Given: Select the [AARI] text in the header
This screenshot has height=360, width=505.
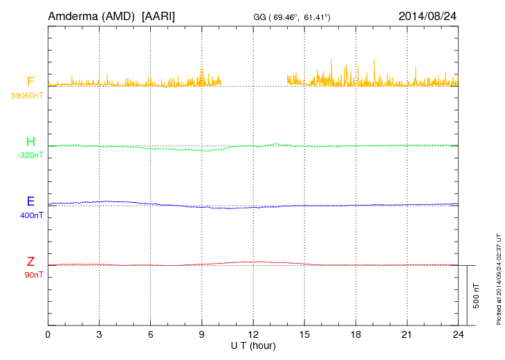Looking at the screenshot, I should (x=158, y=15).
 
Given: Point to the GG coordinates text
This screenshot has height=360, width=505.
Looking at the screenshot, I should (x=291, y=16).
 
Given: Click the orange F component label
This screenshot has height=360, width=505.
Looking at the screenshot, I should (x=30, y=82).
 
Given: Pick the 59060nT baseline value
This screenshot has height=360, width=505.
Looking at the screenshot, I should (x=26, y=96).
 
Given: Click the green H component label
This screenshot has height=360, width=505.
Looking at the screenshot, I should (x=30, y=142).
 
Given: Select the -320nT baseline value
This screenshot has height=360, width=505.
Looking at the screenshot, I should (x=30, y=155).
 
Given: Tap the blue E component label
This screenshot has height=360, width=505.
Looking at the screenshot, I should (x=30, y=201).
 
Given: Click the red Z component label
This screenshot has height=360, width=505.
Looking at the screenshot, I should (x=30, y=262).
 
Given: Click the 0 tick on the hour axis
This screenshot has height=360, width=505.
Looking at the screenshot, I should (x=48, y=334).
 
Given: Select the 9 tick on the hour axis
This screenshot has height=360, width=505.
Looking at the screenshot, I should (x=202, y=334).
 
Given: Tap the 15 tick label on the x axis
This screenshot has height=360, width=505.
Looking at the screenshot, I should (x=304, y=334).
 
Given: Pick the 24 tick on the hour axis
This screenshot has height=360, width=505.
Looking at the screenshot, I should (x=458, y=334).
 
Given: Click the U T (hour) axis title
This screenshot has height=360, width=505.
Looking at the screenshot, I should (x=253, y=345).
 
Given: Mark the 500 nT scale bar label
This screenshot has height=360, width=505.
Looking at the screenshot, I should (x=477, y=296).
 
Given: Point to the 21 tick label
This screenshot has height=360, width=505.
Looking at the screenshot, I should (x=407, y=334).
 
